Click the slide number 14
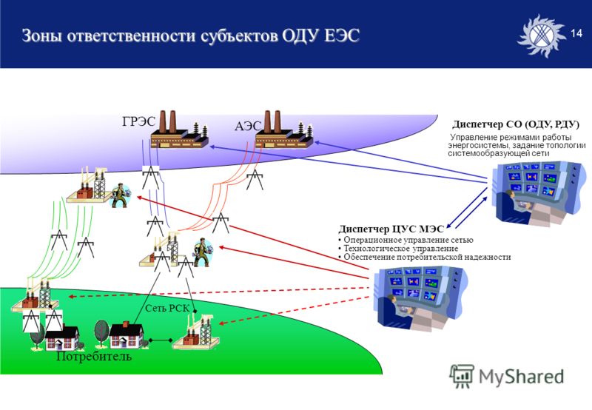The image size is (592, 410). click(576, 33)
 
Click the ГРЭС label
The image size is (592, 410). click(138, 121)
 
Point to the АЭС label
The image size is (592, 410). click(248, 126)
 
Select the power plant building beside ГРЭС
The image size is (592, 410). click(180, 130)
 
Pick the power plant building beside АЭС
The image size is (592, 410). click(284, 130)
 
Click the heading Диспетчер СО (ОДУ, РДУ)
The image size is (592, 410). click(516, 124)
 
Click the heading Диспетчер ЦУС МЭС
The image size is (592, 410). click(391, 229)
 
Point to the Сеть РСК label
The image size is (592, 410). click(167, 308)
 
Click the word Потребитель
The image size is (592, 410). click(94, 356)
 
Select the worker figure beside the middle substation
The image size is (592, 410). click(203, 252)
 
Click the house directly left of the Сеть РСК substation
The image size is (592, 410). click(126, 336)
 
